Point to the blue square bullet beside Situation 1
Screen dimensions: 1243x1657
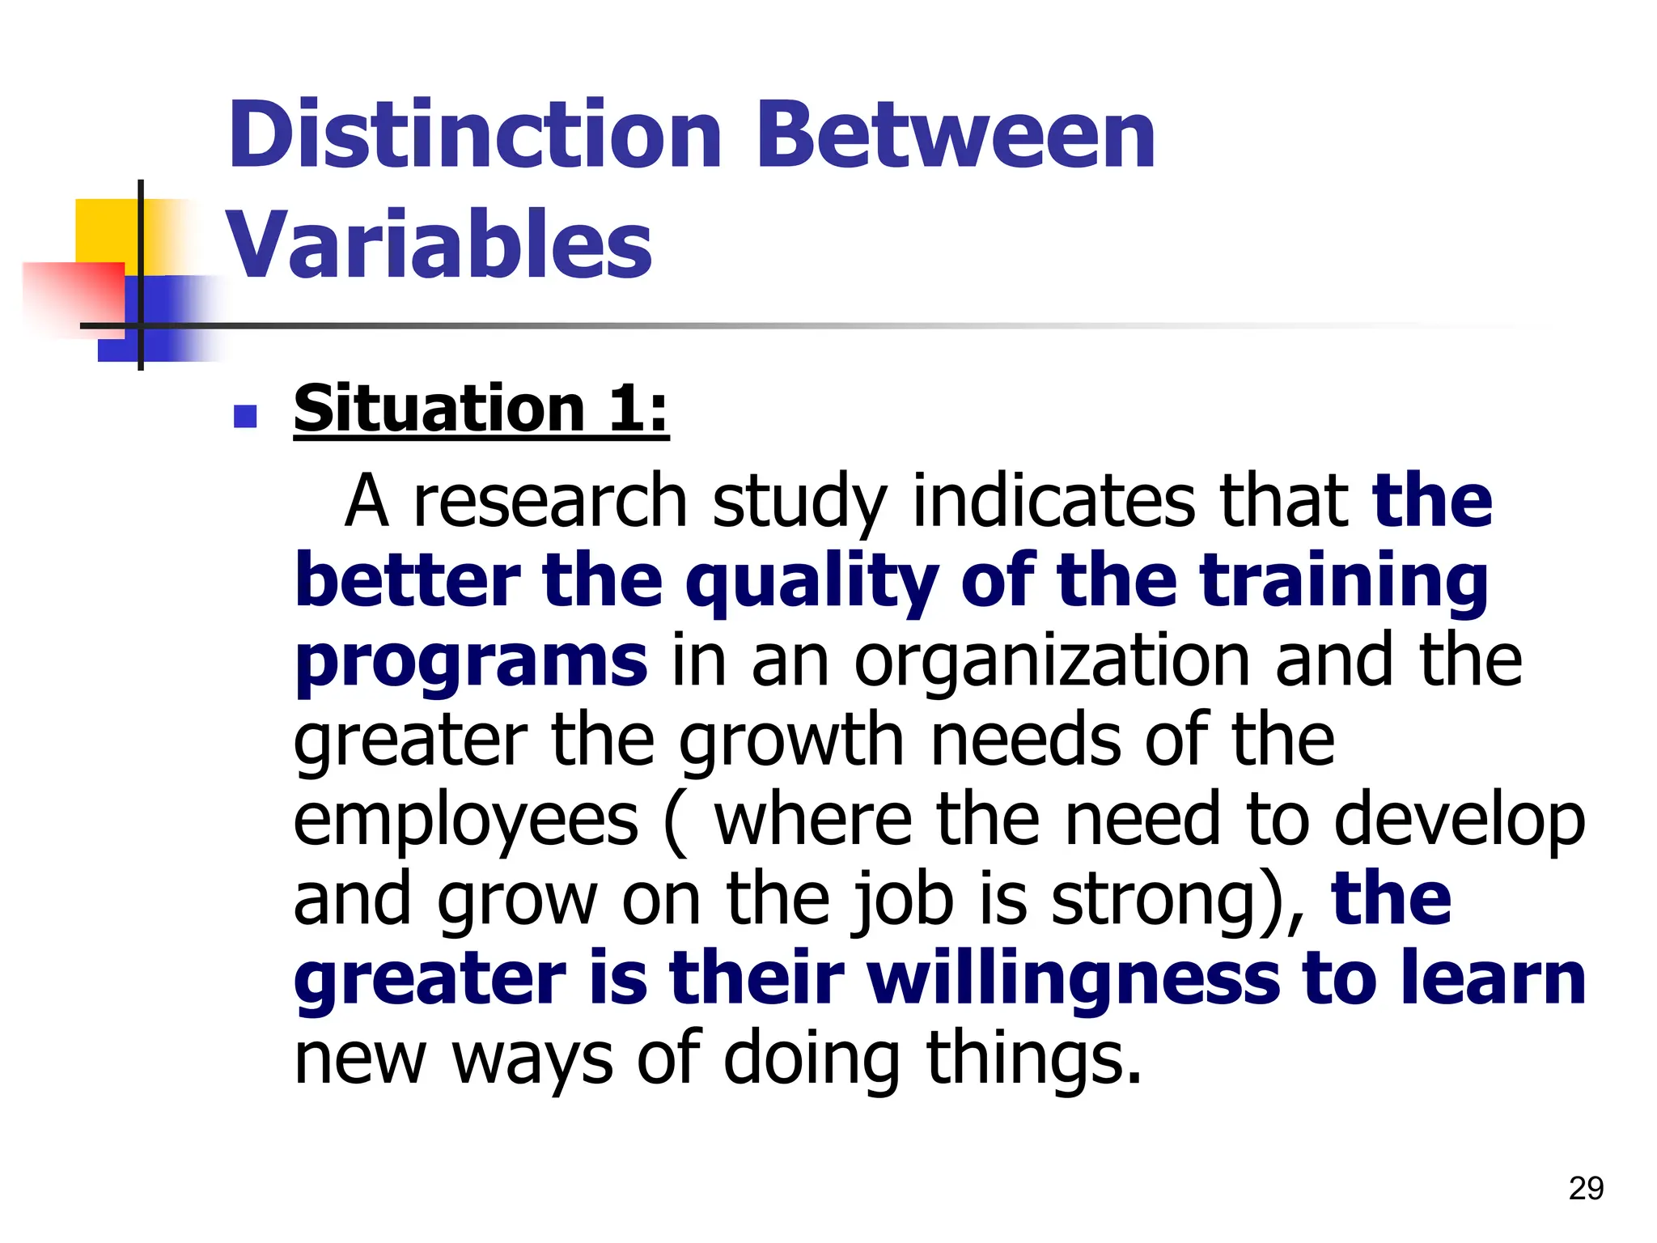point(244,416)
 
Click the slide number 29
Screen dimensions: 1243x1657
point(1585,1189)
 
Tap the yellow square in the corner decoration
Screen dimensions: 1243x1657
point(105,231)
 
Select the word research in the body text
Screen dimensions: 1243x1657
point(550,502)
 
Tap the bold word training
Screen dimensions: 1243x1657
point(1344,581)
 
